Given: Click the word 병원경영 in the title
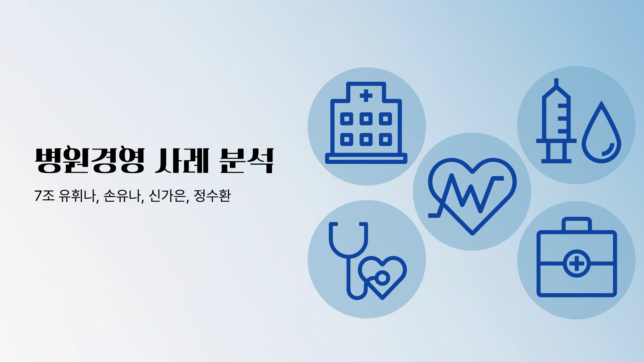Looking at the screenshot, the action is tap(90, 160).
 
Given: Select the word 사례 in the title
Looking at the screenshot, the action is tap(182, 160).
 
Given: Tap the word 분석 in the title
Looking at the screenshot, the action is tap(247, 160).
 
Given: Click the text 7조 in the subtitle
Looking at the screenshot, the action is tap(44, 196).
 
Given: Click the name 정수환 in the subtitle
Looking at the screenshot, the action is tap(212, 196).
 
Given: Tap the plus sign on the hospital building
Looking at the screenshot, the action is tap(366, 96).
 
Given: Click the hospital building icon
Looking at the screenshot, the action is tap(366, 123).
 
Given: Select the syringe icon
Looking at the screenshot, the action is tap(556, 121).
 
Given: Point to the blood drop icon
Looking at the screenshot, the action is tap(601, 132).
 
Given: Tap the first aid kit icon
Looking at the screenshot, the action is tap(577, 257).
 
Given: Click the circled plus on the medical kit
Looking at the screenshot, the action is tap(577, 263).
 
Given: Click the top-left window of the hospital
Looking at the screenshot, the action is tap(347, 119).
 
